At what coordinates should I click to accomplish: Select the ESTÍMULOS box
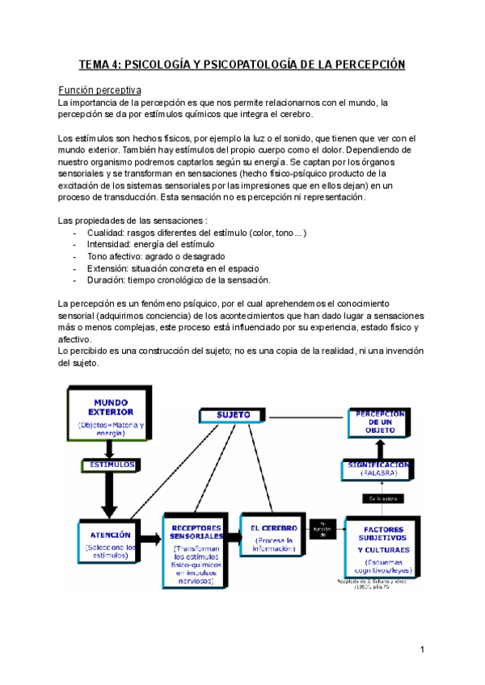pyautogui.click(x=108, y=465)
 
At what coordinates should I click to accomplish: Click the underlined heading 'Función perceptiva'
pyautogui.click(x=101, y=90)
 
